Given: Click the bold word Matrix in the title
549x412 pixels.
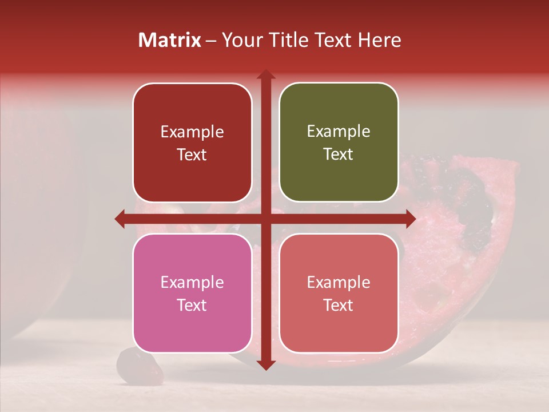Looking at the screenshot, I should (x=170, y=40).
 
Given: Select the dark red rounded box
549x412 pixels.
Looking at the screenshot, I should (x=192, y=143).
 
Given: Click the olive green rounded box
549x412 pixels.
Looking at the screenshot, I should (x=339, y=143).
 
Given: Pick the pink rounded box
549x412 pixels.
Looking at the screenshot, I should (x=192, y=293).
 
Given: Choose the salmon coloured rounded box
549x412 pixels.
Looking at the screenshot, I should (x=339, y=293).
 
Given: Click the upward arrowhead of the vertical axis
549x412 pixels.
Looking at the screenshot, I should (x=265, y=75).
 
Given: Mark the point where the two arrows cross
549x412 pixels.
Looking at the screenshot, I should (x=265, y=219).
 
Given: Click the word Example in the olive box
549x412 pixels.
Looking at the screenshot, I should (x=339, y=131).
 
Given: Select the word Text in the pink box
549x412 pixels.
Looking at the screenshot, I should (x=192, y=305).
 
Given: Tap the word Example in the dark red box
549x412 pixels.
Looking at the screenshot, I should (x=192, y=132).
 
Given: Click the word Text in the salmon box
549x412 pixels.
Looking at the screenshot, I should (x=339, y=305).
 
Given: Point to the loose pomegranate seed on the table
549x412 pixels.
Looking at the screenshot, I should (x=140, y=366).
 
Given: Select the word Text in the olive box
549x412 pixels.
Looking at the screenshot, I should (x=339, y=154).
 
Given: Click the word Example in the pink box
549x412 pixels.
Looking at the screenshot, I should (x=192, y=282).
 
